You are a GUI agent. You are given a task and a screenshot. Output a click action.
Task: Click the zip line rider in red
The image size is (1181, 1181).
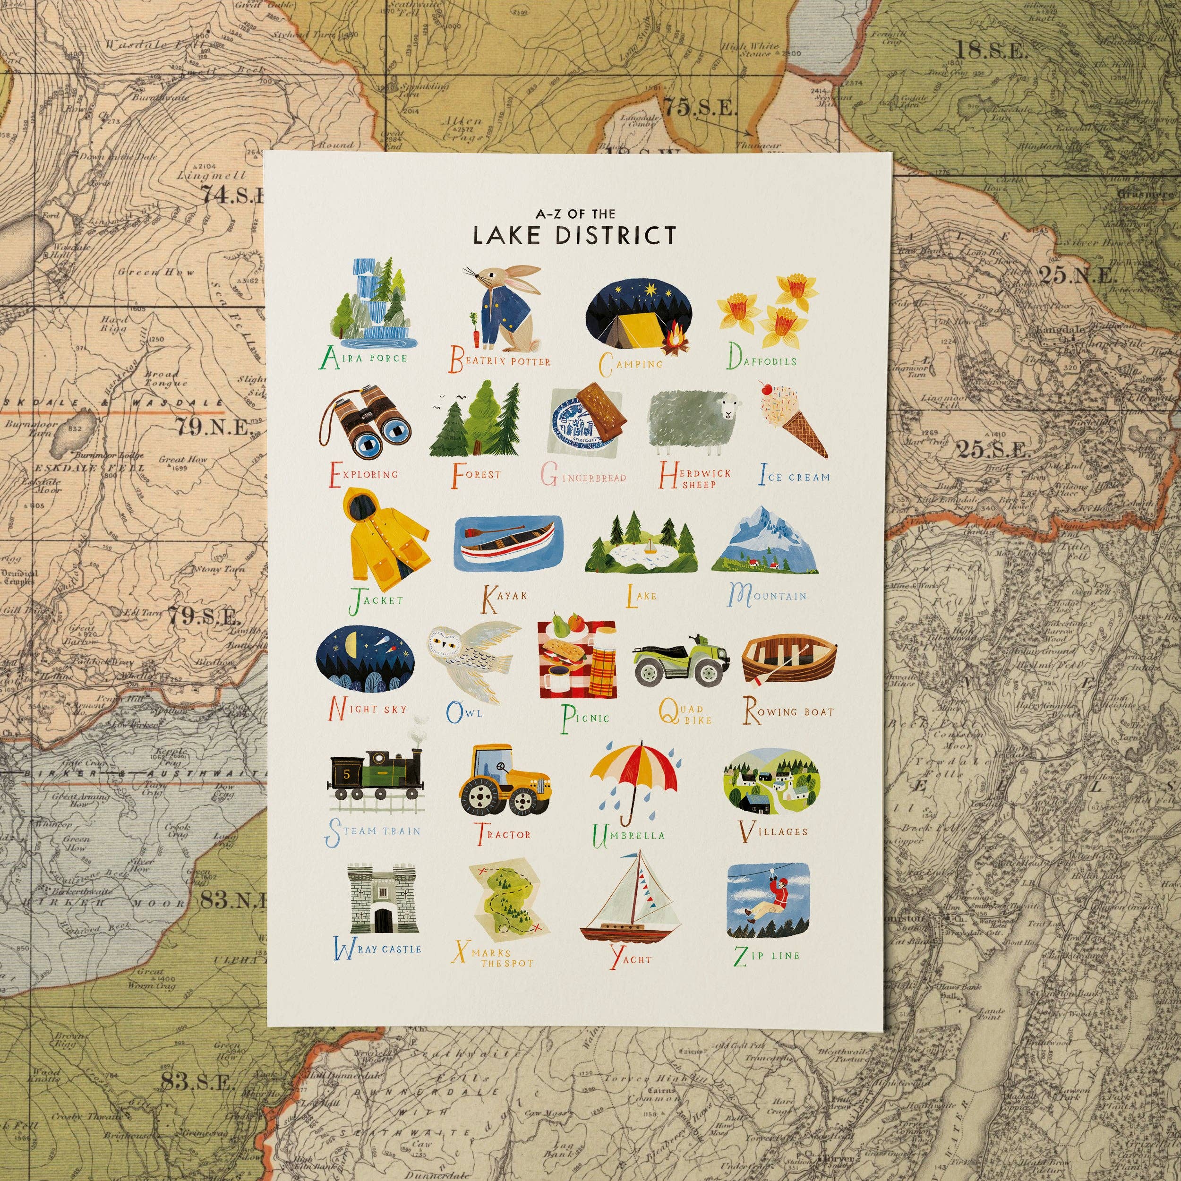[776, 899]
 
